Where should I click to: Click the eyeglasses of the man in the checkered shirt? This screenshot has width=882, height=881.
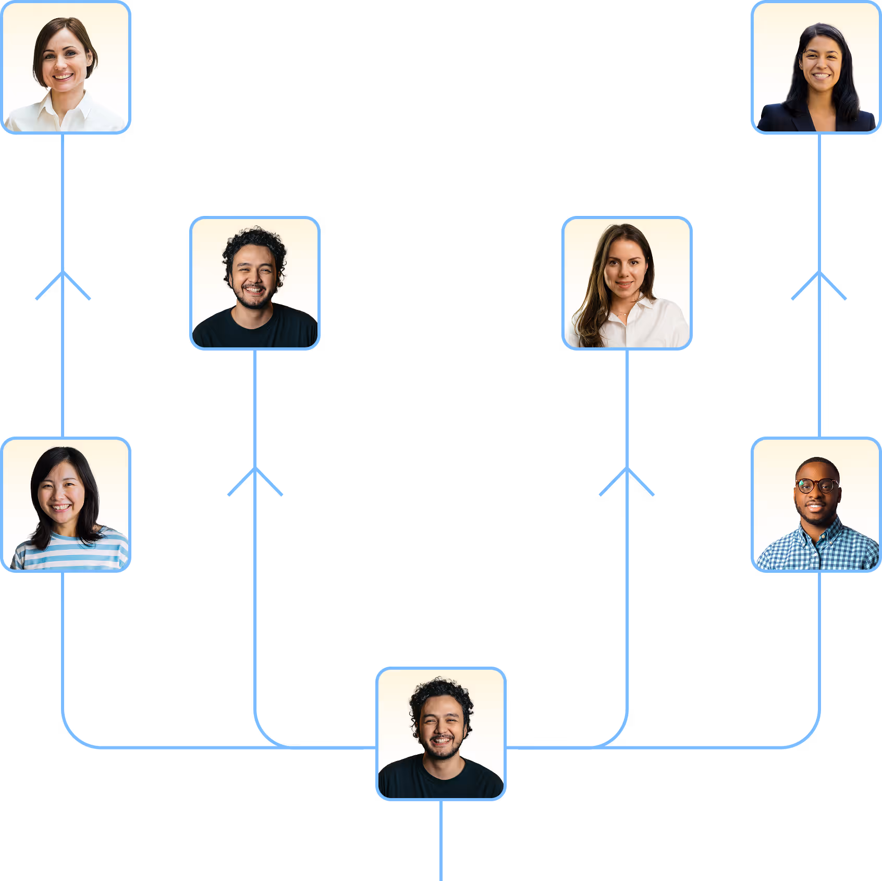coord(816,486)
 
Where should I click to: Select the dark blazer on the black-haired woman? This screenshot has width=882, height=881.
coord(782,119)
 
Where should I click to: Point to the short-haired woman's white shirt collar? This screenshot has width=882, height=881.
coord(65,107)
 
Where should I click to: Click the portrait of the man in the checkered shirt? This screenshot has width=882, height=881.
coord(816,505)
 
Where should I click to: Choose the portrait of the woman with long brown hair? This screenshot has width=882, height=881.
coord(627,283)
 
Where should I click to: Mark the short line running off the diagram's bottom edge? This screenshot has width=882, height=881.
coord(441,840)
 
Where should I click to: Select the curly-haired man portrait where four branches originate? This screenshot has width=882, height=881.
coord(441,733)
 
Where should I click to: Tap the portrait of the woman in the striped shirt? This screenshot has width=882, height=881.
coord(66,505)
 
